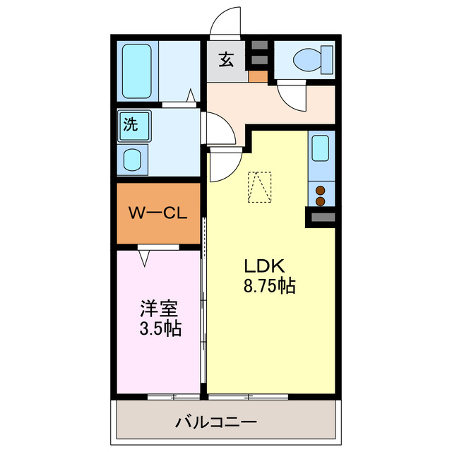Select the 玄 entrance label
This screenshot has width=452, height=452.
click(x=225, y=60)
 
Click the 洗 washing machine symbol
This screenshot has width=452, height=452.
click(x=131, y=126)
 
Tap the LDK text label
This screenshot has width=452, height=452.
click(x=263, y=266)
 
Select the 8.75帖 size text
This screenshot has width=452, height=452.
click(x=268, y=286)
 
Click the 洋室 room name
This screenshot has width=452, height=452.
click(x=158, y=309)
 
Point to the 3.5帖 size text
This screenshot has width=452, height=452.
click(x=158, y=328)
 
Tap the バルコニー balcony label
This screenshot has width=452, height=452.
click(x=215, y=423)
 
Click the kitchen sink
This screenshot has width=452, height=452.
click(x=321, y=149)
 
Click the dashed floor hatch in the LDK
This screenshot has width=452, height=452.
click(x=260, y=187)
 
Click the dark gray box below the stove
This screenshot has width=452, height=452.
click(x=321, y=218)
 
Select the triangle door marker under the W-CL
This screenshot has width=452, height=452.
click(x=145, y=259)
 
